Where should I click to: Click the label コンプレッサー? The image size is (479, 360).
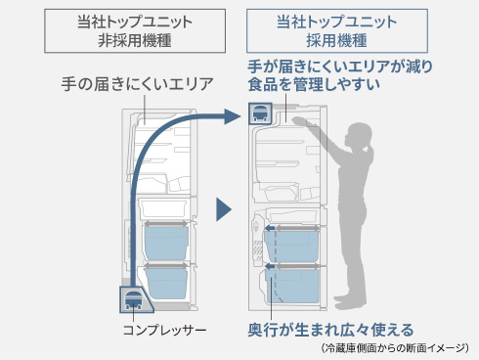164,331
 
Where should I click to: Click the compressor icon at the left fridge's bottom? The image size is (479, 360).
134,300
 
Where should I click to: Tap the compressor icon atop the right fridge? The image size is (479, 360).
260,113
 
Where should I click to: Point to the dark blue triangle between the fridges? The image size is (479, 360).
224,209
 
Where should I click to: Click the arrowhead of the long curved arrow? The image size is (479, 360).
232,116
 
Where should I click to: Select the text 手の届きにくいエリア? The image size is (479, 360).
137,84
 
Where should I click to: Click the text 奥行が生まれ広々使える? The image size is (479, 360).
330,330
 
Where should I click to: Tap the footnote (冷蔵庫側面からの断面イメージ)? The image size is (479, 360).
395,348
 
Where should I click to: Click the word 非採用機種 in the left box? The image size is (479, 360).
135,41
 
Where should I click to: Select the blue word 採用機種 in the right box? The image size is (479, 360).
337,41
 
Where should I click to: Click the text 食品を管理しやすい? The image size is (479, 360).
314,84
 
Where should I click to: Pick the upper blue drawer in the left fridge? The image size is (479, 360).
166,243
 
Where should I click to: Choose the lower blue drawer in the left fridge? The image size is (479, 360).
166,283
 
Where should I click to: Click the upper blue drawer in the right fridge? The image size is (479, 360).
291,247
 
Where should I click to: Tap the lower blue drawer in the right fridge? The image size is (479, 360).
292,286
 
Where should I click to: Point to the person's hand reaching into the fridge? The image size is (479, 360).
299,121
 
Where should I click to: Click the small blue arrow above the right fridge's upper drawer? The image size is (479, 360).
270,228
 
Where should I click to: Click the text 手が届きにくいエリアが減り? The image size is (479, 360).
340,67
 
